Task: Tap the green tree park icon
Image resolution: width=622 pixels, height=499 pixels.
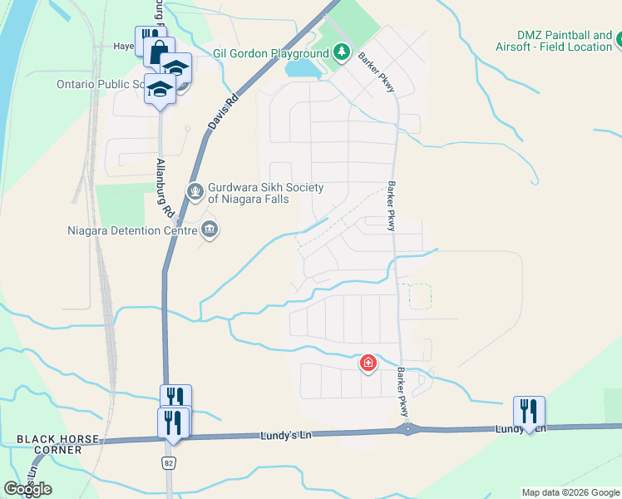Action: coord(341,52)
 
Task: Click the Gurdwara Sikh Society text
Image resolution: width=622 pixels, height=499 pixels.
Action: coord(265,193)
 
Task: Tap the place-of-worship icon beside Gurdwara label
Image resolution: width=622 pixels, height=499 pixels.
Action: coord(195,193)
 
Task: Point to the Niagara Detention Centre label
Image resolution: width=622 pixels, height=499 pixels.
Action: coord(131,230)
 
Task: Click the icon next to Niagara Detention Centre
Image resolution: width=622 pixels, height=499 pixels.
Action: coord(210,230)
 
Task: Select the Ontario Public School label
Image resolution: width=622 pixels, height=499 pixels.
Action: coord(100,84)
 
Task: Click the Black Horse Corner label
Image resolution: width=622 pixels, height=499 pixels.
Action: coord(58,444)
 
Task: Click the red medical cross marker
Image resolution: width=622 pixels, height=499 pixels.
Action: coord(368,363)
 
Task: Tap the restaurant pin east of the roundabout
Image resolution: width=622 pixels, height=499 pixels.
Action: coord(529,410)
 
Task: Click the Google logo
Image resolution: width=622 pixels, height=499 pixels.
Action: coord(27,489)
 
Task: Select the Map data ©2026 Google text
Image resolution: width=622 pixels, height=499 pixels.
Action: coord(570,492)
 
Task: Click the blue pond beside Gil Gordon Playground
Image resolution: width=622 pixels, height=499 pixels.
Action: coord(304,67)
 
